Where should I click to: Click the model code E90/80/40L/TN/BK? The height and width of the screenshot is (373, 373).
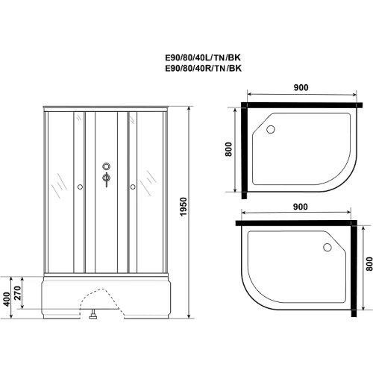click(203, 57)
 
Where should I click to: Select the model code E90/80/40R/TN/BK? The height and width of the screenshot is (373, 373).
click(204, 68)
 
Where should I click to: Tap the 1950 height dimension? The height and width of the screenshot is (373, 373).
click(184, 207)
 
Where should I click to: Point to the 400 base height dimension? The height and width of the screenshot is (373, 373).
click(7, 299)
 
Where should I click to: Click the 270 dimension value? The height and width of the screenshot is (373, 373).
click(17, 293)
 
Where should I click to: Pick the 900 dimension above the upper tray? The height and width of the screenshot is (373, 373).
click(301, 87)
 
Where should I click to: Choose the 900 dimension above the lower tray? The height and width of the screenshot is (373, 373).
click(300, 207)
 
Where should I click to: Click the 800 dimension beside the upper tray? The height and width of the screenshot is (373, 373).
click(228, 149)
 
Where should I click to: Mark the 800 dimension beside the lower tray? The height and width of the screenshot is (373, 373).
click(369, 264)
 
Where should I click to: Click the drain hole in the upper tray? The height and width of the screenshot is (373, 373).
click(271, 129)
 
